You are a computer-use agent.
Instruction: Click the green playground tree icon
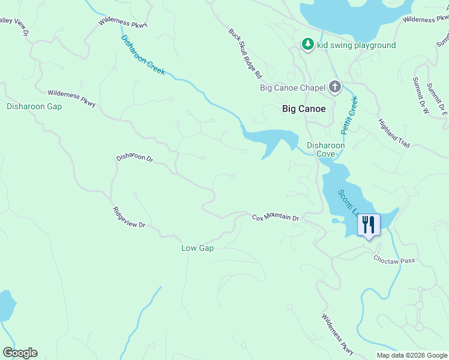click(307, 44)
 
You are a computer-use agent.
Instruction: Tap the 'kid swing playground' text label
click(357, 45)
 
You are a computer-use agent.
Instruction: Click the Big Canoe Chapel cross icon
click(335, 88)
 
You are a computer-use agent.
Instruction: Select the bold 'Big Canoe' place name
click(304, 109)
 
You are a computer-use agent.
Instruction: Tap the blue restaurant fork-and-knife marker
click(369, 225)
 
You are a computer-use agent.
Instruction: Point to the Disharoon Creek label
click(143, 55)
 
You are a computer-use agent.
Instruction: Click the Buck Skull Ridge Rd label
click(245, 54)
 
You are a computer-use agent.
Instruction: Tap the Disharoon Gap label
click(34, 106)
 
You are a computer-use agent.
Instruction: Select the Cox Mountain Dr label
click(275, 217)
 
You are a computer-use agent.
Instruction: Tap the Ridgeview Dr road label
click(129, 217)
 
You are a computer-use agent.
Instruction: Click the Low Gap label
click(197, 248)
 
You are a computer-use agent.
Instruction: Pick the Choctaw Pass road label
click(394, 260)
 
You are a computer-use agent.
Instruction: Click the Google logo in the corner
click(20, 353)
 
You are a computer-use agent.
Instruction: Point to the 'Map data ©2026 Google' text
click(412, 355)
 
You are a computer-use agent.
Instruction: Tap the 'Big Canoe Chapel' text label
click(292, 88)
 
